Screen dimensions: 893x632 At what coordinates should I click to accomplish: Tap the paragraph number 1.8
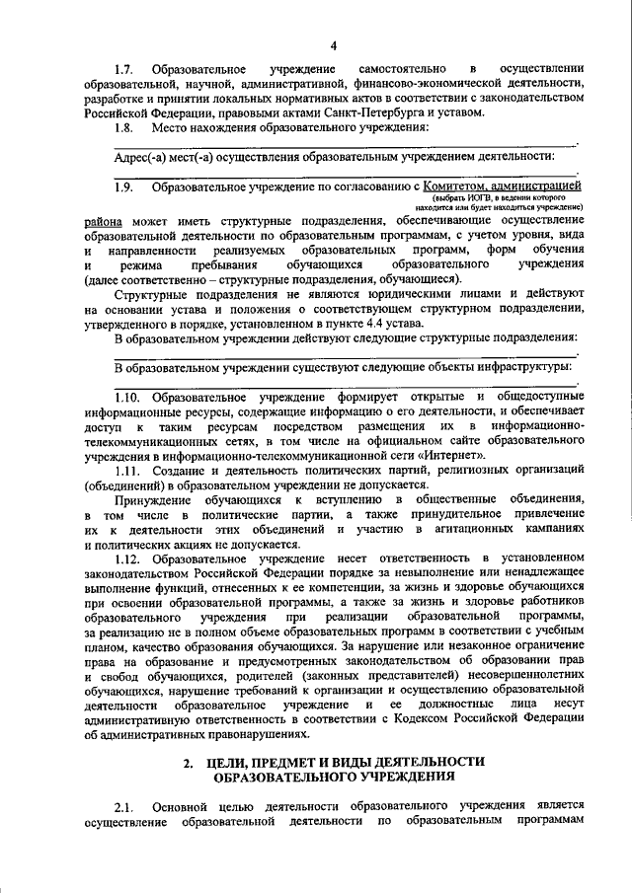(x=123, y=127)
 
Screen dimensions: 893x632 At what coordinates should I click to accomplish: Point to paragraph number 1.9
(x=123, y=186)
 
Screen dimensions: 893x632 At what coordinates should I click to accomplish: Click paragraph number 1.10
(x=126, y=397)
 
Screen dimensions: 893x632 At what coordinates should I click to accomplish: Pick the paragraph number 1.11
(x=126, y=470)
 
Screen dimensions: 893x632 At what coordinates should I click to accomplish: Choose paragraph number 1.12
(x=126, y=558)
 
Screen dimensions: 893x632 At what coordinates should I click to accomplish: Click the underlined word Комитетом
(x=457, y=186)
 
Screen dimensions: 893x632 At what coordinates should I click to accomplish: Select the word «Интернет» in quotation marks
(x=452, y=455)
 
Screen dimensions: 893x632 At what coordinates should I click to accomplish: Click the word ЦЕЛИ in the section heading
(x=231, y=762)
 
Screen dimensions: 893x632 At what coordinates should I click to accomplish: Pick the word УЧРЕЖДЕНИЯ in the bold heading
(x=386, y=777)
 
